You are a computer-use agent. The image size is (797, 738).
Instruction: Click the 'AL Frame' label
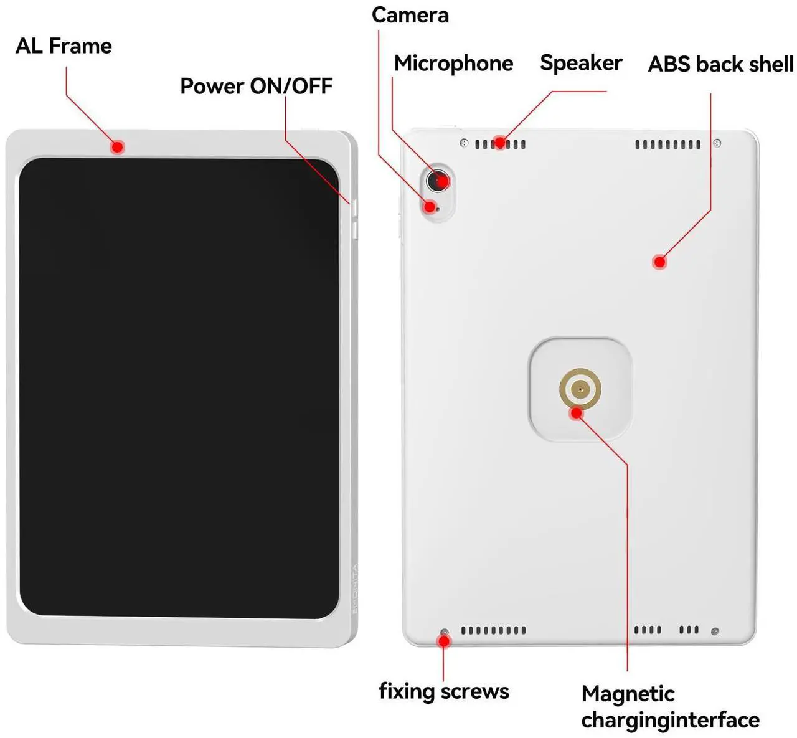coord(64,46)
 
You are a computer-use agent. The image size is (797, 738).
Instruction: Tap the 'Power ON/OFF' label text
coord(256,86)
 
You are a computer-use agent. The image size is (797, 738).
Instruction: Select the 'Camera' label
coord(410,15)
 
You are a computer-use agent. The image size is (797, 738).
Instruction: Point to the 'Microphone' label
coord(453,63)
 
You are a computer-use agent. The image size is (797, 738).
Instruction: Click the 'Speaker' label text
coord(581,62)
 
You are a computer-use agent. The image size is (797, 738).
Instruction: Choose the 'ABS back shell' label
coord(720,64)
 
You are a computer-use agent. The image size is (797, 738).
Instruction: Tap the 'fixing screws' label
coord(444,691)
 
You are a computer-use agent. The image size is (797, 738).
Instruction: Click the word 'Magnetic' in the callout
coord(628,694)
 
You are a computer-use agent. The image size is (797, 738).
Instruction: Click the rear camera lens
coord(438,181)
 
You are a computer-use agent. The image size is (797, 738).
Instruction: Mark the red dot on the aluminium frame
coord(117,147)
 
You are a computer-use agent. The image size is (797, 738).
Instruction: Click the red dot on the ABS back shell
coord(659,262)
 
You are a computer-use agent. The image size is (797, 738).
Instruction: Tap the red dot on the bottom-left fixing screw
coord(444,641)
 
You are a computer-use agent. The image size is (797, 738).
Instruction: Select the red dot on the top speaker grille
coord(499,143)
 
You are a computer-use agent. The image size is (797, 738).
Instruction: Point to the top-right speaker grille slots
coord(667,145)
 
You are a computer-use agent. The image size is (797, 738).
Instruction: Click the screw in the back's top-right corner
coord(717,143)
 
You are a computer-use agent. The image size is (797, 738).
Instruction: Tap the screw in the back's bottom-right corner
coord(715,632)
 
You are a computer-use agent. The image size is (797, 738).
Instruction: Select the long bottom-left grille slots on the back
coord(493,631)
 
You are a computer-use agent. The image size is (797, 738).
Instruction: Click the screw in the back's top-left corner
coord(463,143)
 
